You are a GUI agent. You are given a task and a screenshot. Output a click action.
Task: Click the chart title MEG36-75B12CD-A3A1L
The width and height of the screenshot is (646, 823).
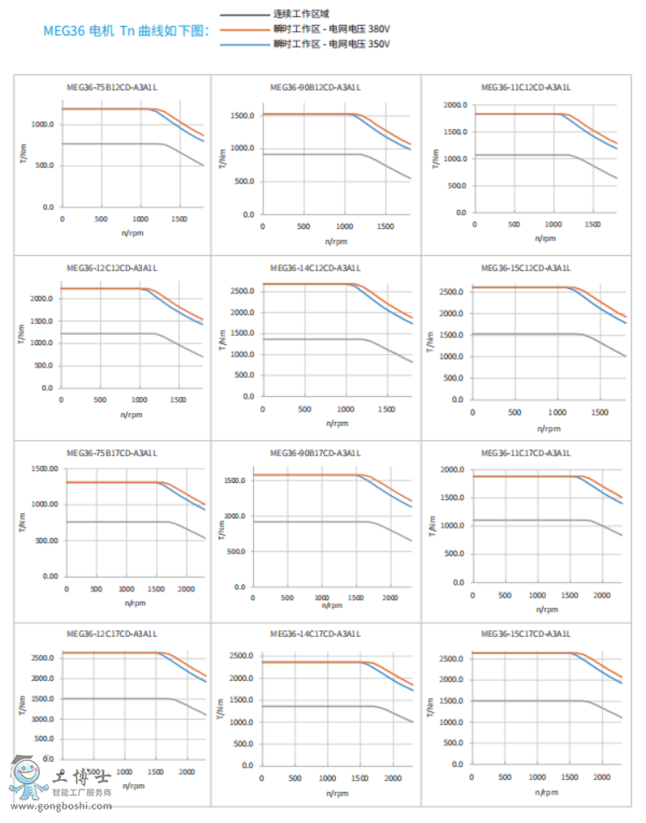coord(112,87)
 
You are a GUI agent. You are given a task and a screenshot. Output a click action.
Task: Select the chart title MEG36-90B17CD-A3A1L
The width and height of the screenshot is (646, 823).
coord(315,453)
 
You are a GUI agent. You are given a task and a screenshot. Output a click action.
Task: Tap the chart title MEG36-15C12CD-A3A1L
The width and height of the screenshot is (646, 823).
coord(525,268)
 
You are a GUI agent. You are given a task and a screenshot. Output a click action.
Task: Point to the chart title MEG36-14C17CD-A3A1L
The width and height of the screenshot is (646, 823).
coord(315,634)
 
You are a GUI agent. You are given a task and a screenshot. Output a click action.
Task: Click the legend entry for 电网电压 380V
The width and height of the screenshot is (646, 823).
coord(332,29)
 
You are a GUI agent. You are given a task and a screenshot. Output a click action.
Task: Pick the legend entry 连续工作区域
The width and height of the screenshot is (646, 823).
coord(301,15)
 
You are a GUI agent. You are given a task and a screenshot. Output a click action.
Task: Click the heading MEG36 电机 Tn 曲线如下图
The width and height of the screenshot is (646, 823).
coord(126,30)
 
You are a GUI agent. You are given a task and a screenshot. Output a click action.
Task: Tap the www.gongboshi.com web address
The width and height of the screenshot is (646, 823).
coord(59,807)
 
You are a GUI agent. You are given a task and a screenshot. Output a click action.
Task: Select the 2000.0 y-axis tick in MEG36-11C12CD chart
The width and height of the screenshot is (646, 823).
coord(455,105)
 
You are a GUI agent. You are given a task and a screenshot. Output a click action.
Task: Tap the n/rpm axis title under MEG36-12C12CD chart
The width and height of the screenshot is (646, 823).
coord(131,415)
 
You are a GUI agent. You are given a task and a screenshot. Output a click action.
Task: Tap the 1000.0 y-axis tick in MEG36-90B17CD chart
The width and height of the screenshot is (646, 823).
coord(235,516)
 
